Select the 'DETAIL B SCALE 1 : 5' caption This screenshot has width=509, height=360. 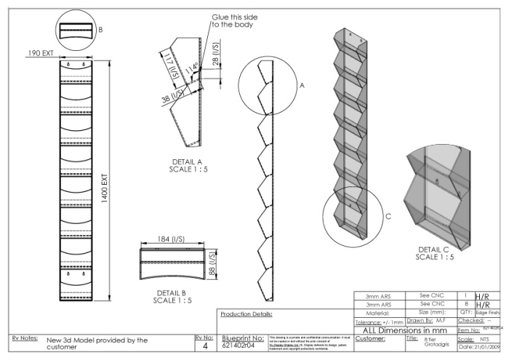[x=172, y=296]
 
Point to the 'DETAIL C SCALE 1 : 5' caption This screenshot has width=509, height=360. [x=436, y=252]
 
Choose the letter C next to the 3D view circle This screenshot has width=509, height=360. [x=388, y=215]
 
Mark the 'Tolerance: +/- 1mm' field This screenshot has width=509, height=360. [x=378, y=321]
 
